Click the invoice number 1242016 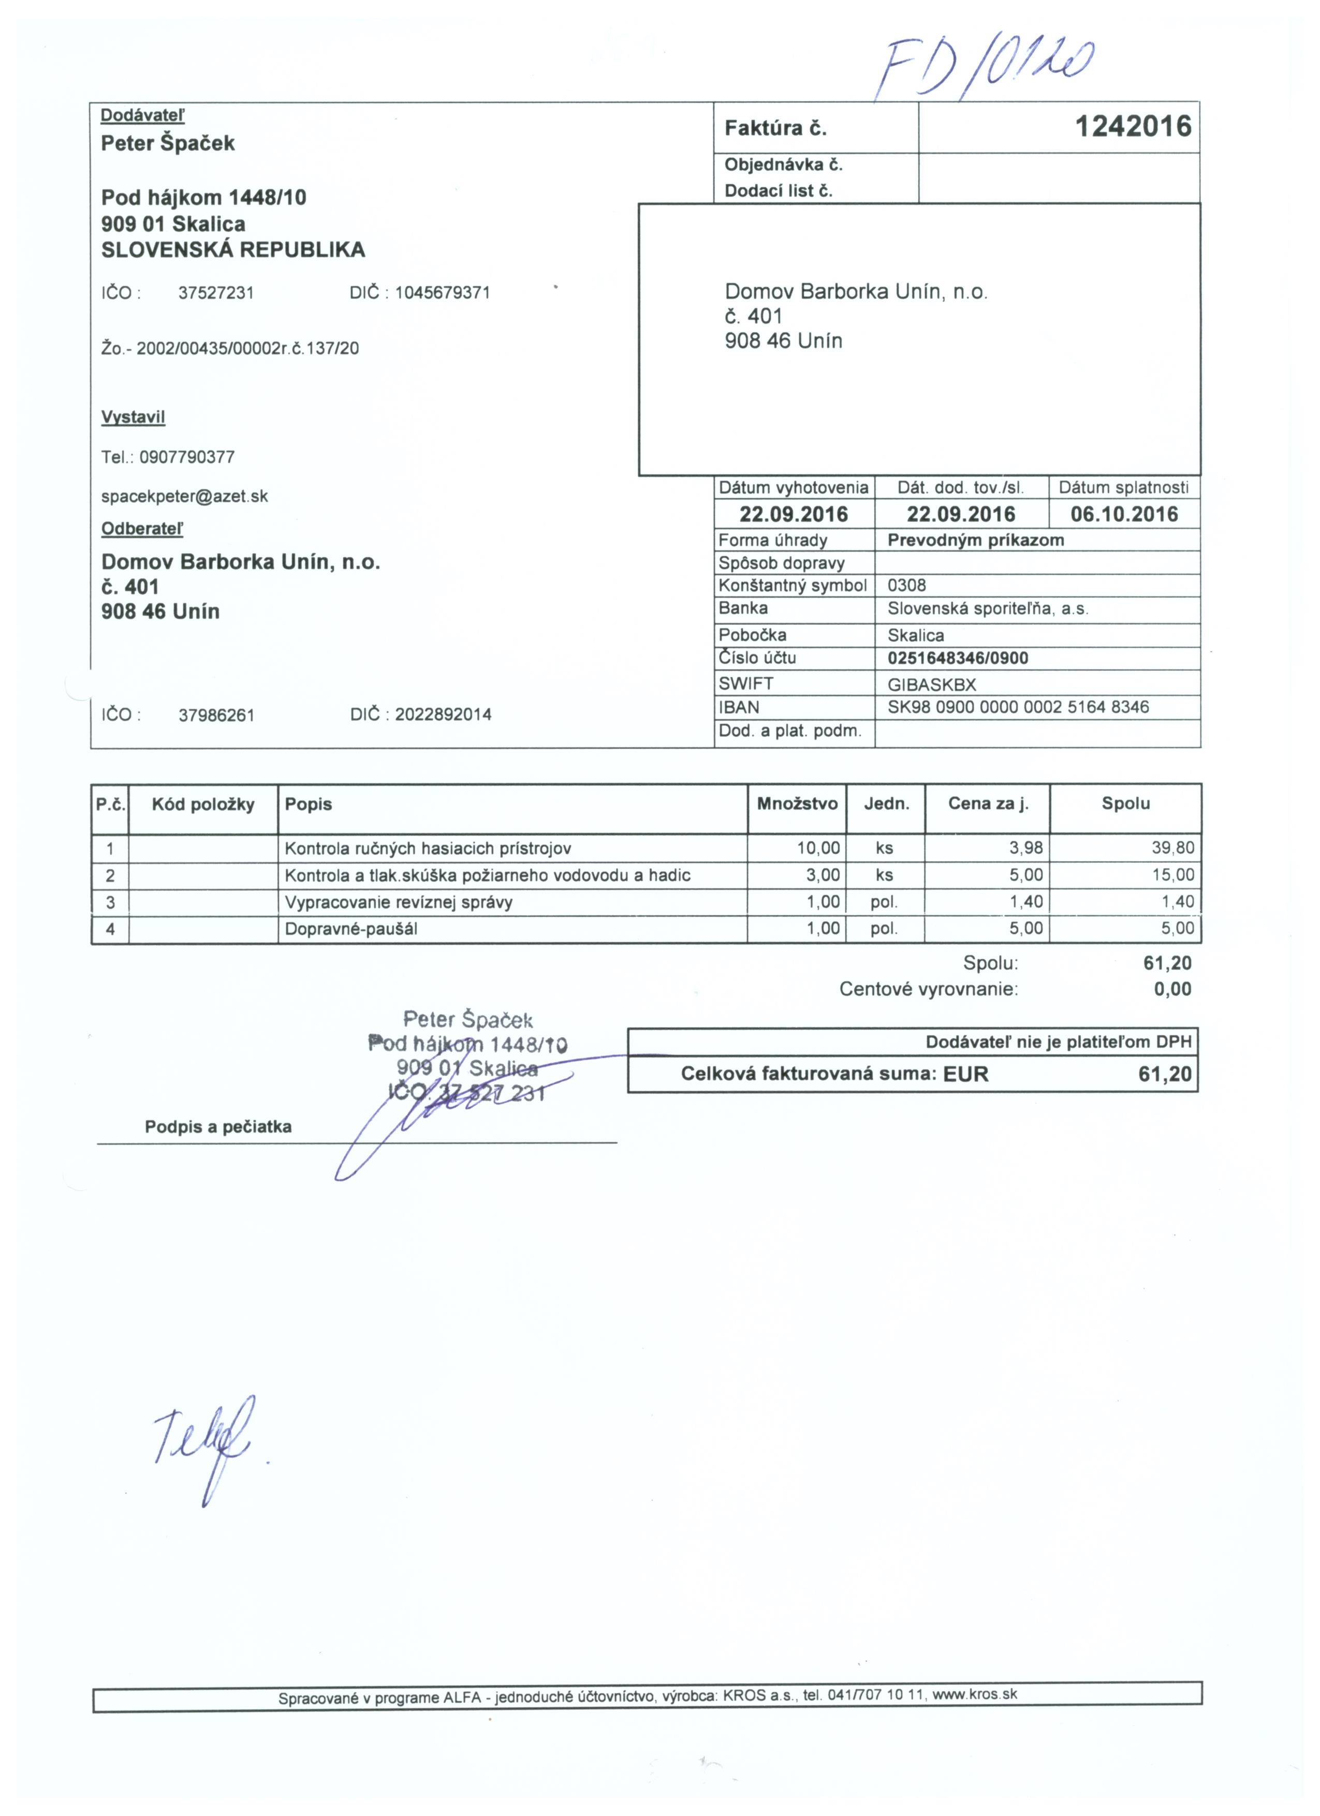[x=1133, y=127]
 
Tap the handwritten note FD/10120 [x=985, y=69]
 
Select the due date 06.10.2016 [x=1124, y=514]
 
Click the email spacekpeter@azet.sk [x=184, y=497]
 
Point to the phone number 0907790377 [x=187, y=457]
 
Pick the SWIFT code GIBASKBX [x=932, y=684]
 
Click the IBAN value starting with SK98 [x=1018, y=707]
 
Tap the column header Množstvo [x=797, y=804]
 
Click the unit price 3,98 [x=1026, y=848]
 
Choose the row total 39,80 [x=1172, y=848]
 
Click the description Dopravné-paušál [x=351, y=929]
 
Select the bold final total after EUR [x=1165, y=1074]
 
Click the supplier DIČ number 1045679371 [x=442, y=293]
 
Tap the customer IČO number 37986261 [x=216, y=715]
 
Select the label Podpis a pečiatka [x=218, y=1127]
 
